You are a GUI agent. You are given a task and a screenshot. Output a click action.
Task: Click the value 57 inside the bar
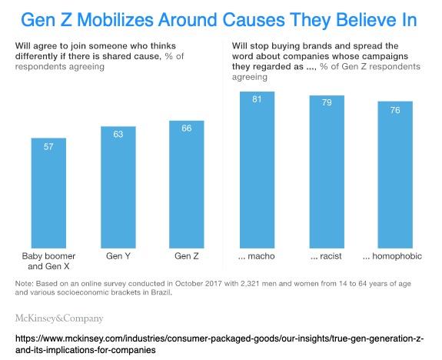point(48,147)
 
